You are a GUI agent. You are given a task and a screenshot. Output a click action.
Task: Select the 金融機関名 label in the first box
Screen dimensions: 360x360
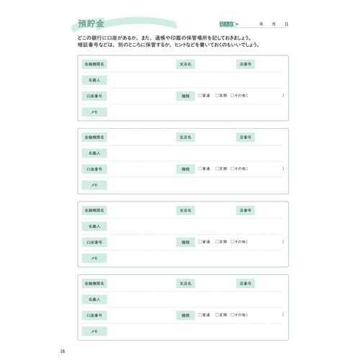click(x=94, y=64)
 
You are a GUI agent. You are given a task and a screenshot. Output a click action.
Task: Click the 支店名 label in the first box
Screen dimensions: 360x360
click(x=186, y=64)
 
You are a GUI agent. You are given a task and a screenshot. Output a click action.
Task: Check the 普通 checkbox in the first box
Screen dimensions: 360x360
click(x=199, y=96)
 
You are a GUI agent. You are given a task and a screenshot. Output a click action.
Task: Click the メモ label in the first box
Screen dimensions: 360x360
click(x=94, y=112)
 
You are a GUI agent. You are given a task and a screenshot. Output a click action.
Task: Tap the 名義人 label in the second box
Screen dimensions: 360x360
click(x=94, y=153)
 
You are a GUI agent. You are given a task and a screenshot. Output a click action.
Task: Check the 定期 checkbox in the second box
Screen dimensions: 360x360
click(x=216, y=169)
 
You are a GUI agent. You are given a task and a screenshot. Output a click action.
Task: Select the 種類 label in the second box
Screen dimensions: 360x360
click(x=186, y=169)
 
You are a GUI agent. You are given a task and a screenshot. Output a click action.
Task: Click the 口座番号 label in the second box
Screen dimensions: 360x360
click(x=94, y=169)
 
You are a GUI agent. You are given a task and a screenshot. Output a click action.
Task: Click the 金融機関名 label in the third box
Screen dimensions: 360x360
click(x=94, y=211)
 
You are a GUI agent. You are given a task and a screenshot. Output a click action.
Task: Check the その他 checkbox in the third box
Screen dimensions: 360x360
click(x=233, y=243)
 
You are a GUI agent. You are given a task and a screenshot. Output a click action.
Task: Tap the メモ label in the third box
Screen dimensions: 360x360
click(x=94, y=258)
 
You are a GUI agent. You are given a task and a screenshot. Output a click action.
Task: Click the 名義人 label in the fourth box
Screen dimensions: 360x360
click(x=94, y=300)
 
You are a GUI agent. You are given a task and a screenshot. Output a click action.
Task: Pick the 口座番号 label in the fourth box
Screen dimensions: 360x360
click(x=94, y=315)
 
